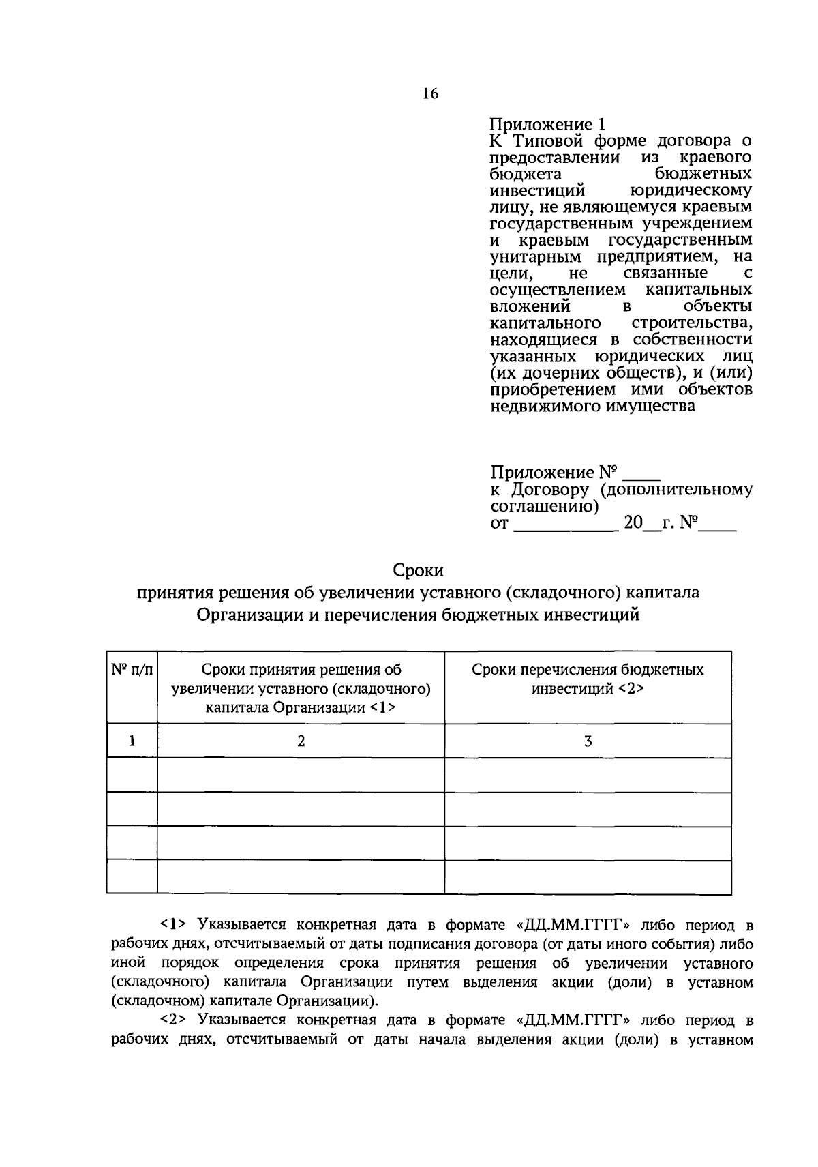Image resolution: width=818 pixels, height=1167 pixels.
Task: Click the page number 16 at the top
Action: [430, 94]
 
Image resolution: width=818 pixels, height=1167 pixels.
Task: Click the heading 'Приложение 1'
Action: [547, 125]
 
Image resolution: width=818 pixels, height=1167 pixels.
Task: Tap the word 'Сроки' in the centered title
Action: [418, 570]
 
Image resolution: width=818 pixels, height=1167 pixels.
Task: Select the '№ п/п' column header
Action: [132, 670]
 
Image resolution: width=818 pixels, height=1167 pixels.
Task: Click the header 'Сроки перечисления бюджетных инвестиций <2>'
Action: [588, 679]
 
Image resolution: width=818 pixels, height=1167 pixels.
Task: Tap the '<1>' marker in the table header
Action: [382, 708]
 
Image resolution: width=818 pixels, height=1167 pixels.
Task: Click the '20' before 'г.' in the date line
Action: [633, 523]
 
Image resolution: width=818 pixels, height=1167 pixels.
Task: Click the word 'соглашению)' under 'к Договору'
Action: [544, 507]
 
